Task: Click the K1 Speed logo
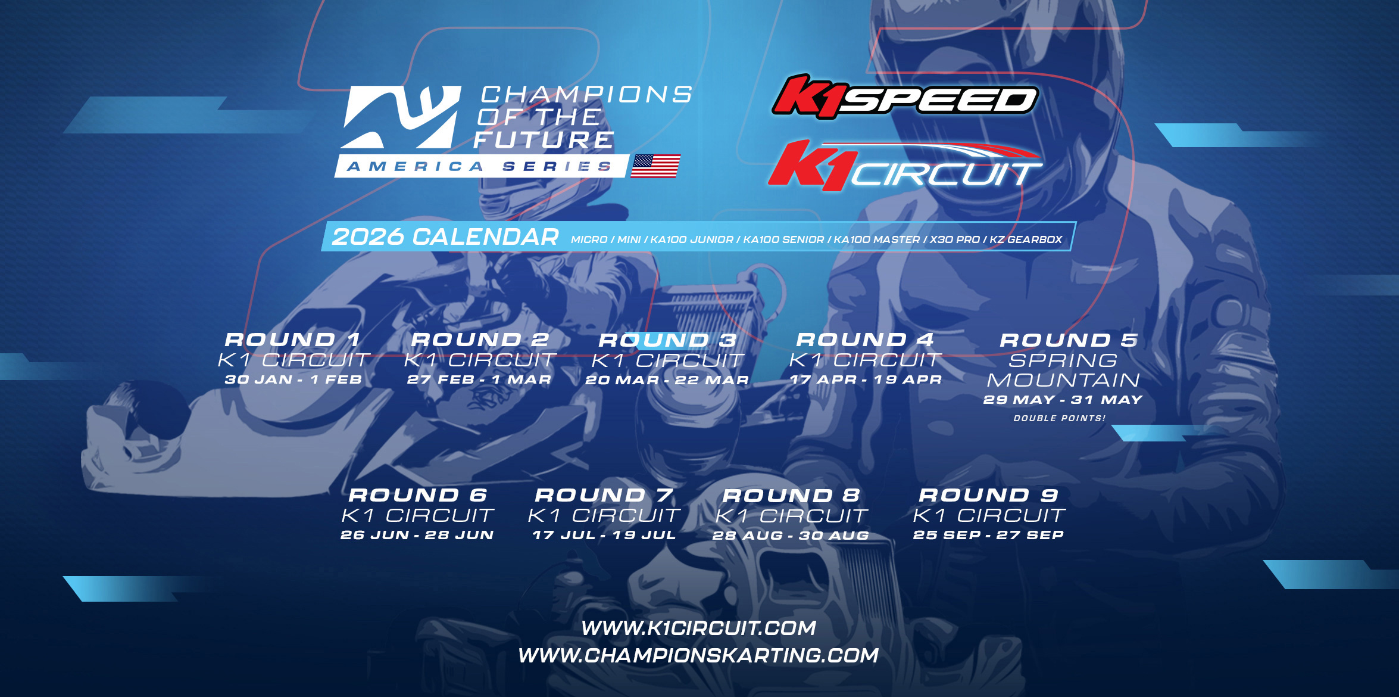(905, 98)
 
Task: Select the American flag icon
(655, 166)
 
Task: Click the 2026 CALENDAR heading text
(445, 237)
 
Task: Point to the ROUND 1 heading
(293, 340)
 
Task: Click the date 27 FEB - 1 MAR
(479, 379)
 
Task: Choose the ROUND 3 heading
(667, 340)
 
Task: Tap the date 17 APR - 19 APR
(866, 379)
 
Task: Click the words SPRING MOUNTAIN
(1063, 370)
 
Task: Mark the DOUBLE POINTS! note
(1060, 418)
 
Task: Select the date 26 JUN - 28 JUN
(417, 535)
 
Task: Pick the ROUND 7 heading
(604, 495)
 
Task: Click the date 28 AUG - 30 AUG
(791, 536)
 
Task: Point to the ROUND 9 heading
(989, 495)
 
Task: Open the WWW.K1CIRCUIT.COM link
(698, 628)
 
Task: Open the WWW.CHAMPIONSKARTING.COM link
(698, 655)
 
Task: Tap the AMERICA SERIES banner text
(480, 167)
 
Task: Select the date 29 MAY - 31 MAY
(1063, 400)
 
